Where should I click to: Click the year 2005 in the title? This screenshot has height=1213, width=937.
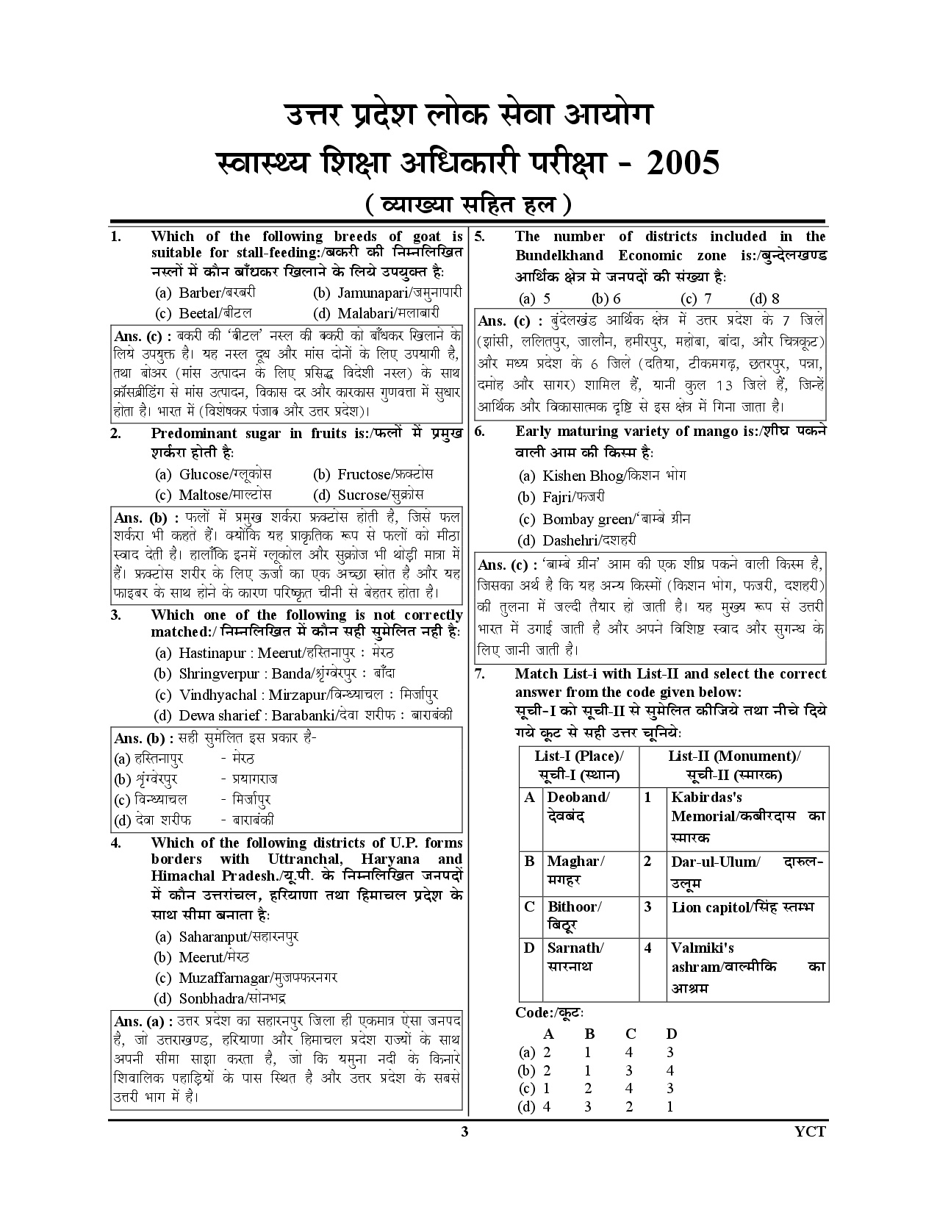(x=681, y=163)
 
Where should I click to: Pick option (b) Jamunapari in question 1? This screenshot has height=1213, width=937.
(x=388, y=293)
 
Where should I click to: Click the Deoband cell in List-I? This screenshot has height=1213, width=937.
(x=578, y=806)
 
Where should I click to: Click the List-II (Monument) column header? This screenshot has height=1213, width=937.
(x=733, y=765)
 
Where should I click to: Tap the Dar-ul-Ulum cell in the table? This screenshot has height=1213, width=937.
(x=747, y=871)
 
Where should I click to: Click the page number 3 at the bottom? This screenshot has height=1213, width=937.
(x=464, y=1131)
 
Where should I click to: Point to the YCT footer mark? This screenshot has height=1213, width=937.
(x=810, y=1131)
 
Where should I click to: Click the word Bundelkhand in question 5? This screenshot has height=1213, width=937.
(x=559, y=256)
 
